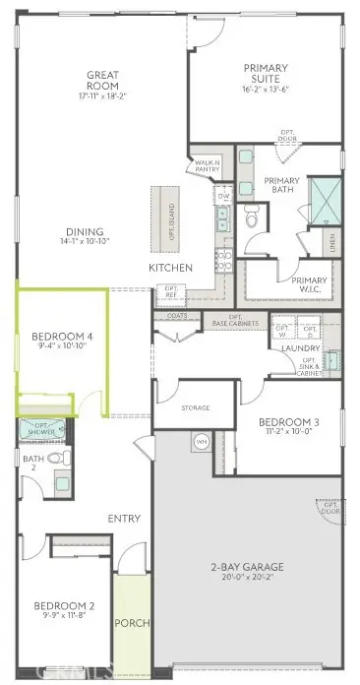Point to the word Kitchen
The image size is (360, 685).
(x=169, y=268)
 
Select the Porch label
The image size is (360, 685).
(x=131, y=624)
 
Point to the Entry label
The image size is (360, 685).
(x=124, y=519)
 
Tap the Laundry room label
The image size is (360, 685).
(x=296, y=347)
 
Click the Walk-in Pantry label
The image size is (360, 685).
(x=207, y=166)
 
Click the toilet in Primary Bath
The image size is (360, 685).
(x=251, y=218)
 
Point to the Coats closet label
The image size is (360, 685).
(x=177, y=315)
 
